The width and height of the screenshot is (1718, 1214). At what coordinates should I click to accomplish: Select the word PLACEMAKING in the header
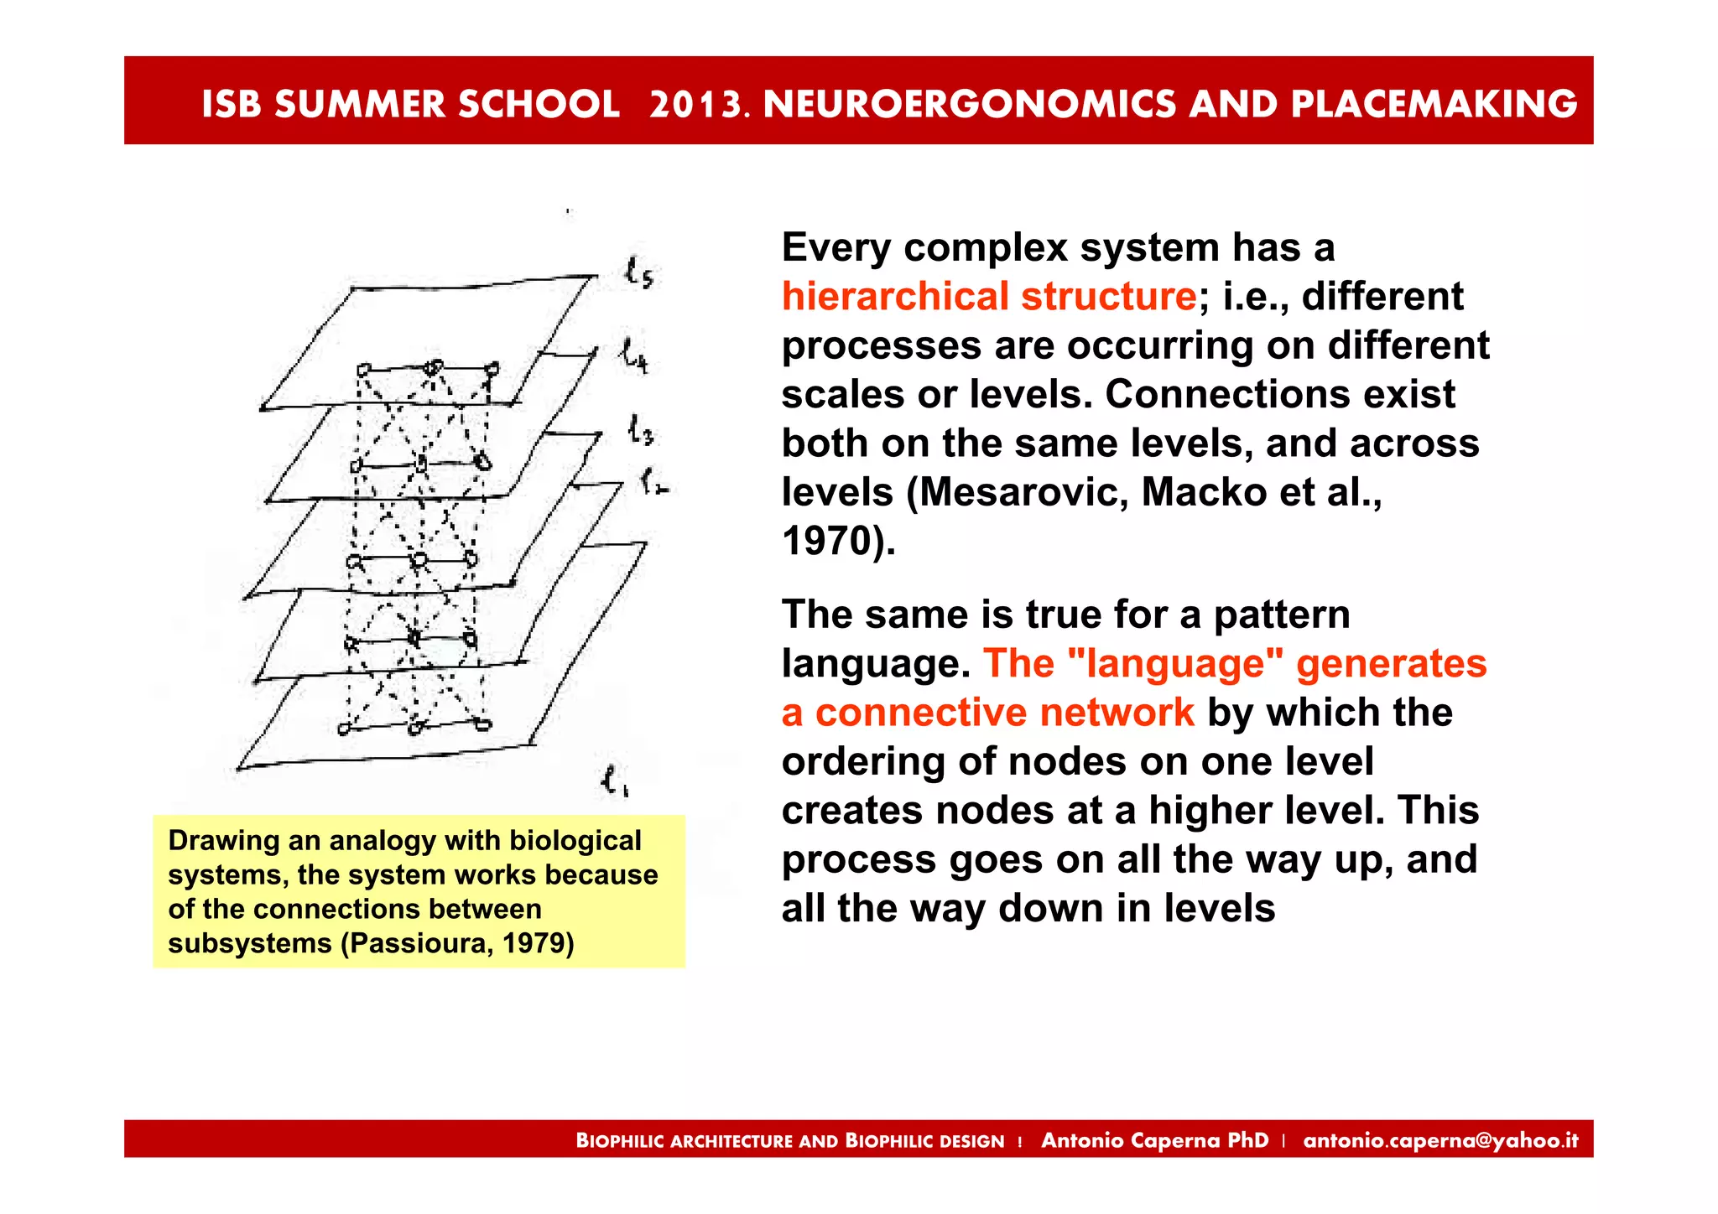click(x=1434, y=105)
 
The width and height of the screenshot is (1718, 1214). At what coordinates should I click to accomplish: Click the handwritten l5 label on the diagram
click(x=639, y=273)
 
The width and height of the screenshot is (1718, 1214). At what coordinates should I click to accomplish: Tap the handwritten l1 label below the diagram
click(x=615, y=782)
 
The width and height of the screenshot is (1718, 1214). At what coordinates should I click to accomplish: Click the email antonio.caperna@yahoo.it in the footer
click(x=1440, y=1140)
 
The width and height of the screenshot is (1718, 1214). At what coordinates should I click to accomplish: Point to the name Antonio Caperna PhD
click(x=1154, y=1140)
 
